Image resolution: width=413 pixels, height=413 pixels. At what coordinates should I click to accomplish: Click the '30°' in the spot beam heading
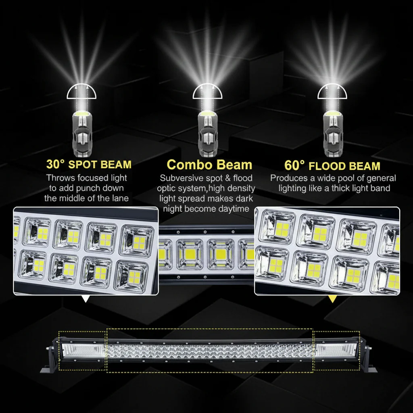pyautogui.click(x=55, y=164)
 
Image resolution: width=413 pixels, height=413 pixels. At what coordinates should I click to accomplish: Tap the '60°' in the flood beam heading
pyautogui.click(x=294, y=165)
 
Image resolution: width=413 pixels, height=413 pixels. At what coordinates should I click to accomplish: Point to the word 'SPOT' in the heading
pyautogui.click(x=83, y=165)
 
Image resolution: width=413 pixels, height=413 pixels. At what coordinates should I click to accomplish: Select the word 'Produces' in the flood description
pyautogui.click(x=289, y=178)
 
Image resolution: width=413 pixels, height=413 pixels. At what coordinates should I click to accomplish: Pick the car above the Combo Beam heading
pyautogui.click(x=208, y=133)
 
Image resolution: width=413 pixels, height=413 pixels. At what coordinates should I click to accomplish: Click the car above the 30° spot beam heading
pyautogui.click(x=82, y=133)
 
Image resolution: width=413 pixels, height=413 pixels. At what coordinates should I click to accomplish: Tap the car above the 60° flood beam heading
pyautogui.click(x=333, y=133)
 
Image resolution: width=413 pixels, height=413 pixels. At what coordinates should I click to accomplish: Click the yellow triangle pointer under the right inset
pyautogui.click(x=333, y=299)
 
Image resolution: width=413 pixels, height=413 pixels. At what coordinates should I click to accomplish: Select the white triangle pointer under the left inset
pyautogui.click(x=86, y=299)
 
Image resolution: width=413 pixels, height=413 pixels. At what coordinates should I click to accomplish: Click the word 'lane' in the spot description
pyautogui.click(x=120, y=198)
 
